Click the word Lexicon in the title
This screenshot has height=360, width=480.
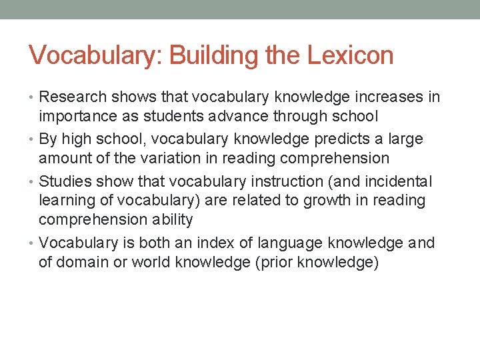(351, 55)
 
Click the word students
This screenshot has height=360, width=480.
(176, 116)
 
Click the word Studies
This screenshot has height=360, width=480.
(66, 181)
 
